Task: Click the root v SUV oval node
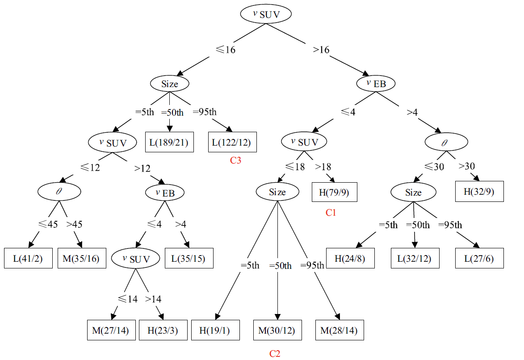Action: [266, 14]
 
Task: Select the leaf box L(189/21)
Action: [169, 143]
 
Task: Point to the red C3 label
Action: [235, 161]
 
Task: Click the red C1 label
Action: [331, 213]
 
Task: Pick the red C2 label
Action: [275, 354]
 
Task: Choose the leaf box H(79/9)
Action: [335, 193]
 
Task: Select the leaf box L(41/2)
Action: [28, 258]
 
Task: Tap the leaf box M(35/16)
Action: [82, 258]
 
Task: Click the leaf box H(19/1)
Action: [216, 331]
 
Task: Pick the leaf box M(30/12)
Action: [277, 331]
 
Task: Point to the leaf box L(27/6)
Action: [479, 258]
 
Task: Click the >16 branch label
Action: [321, 50]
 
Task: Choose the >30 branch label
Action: [466, 166]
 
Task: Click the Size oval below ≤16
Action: [169, 84]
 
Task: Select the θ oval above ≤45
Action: [59, 192]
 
